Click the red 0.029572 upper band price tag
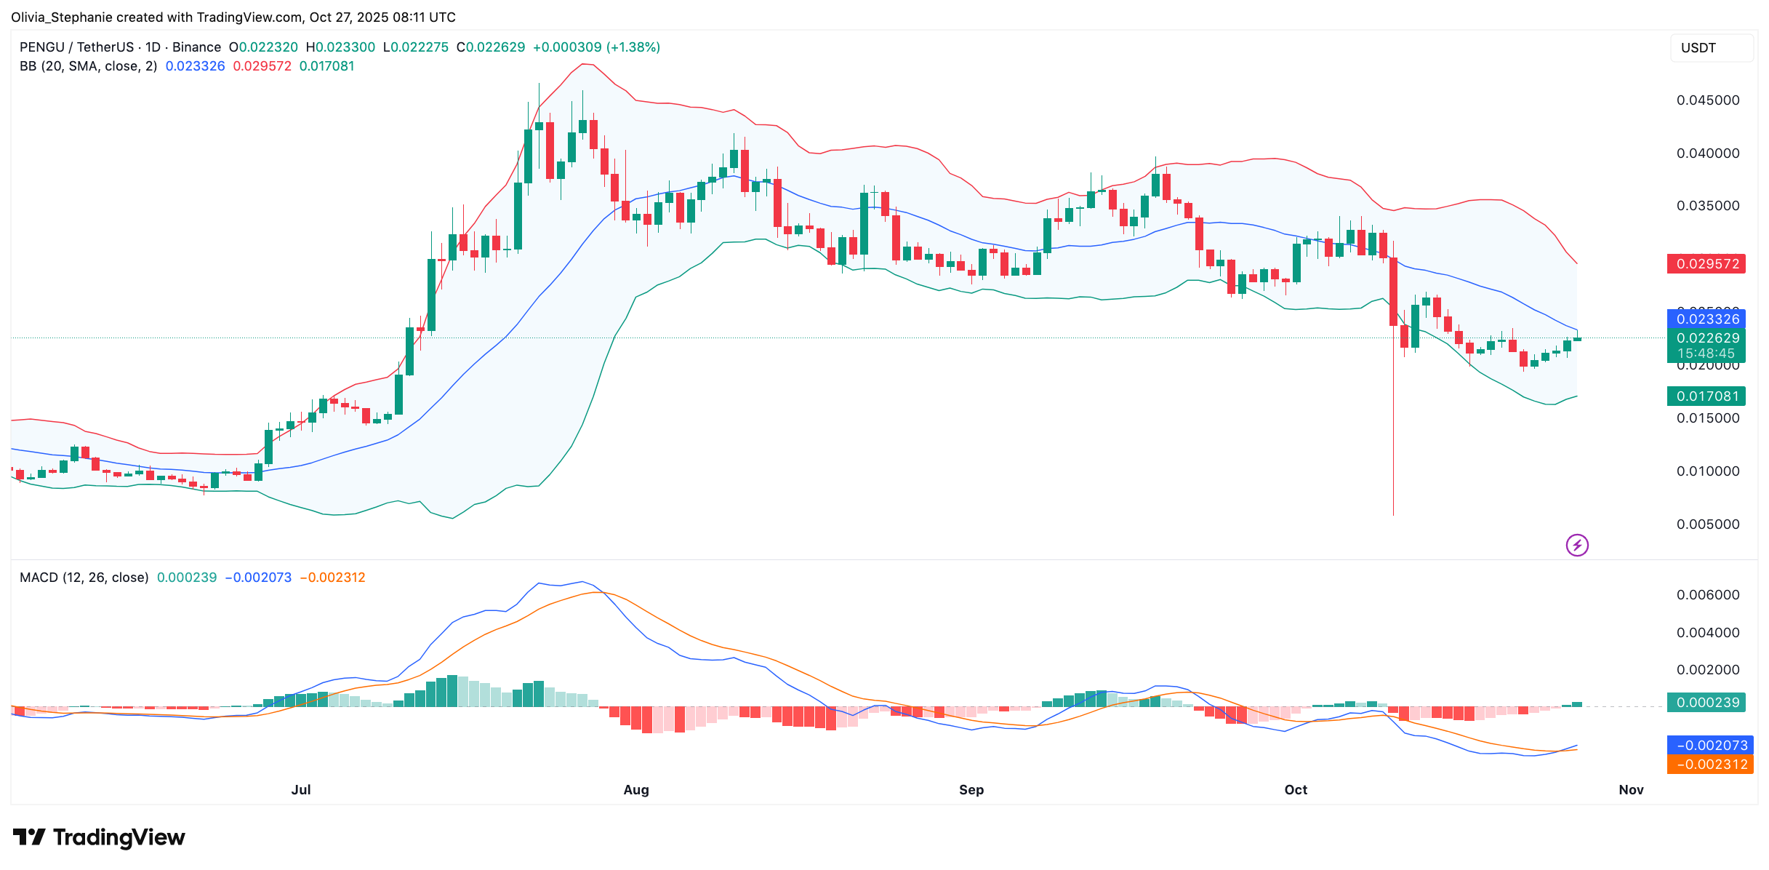point(1706,264)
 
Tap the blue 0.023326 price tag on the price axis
point(1706,319)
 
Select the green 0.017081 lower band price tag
point(1706,396)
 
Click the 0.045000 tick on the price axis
point(1708,100)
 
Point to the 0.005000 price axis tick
point(1708,524)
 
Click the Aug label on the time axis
point(636,790)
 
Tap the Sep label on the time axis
point(971,790)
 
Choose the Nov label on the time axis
point(1632,790)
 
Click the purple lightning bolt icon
point(1577,545)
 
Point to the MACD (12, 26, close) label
point(84,578)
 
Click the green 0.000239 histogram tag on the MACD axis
point(1706,703)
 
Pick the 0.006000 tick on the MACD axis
point(1708,595)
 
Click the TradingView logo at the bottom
point(99,838)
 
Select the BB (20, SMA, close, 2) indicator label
point(88,66)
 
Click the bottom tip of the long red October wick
point(1393,514)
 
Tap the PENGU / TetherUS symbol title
point(76,47)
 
